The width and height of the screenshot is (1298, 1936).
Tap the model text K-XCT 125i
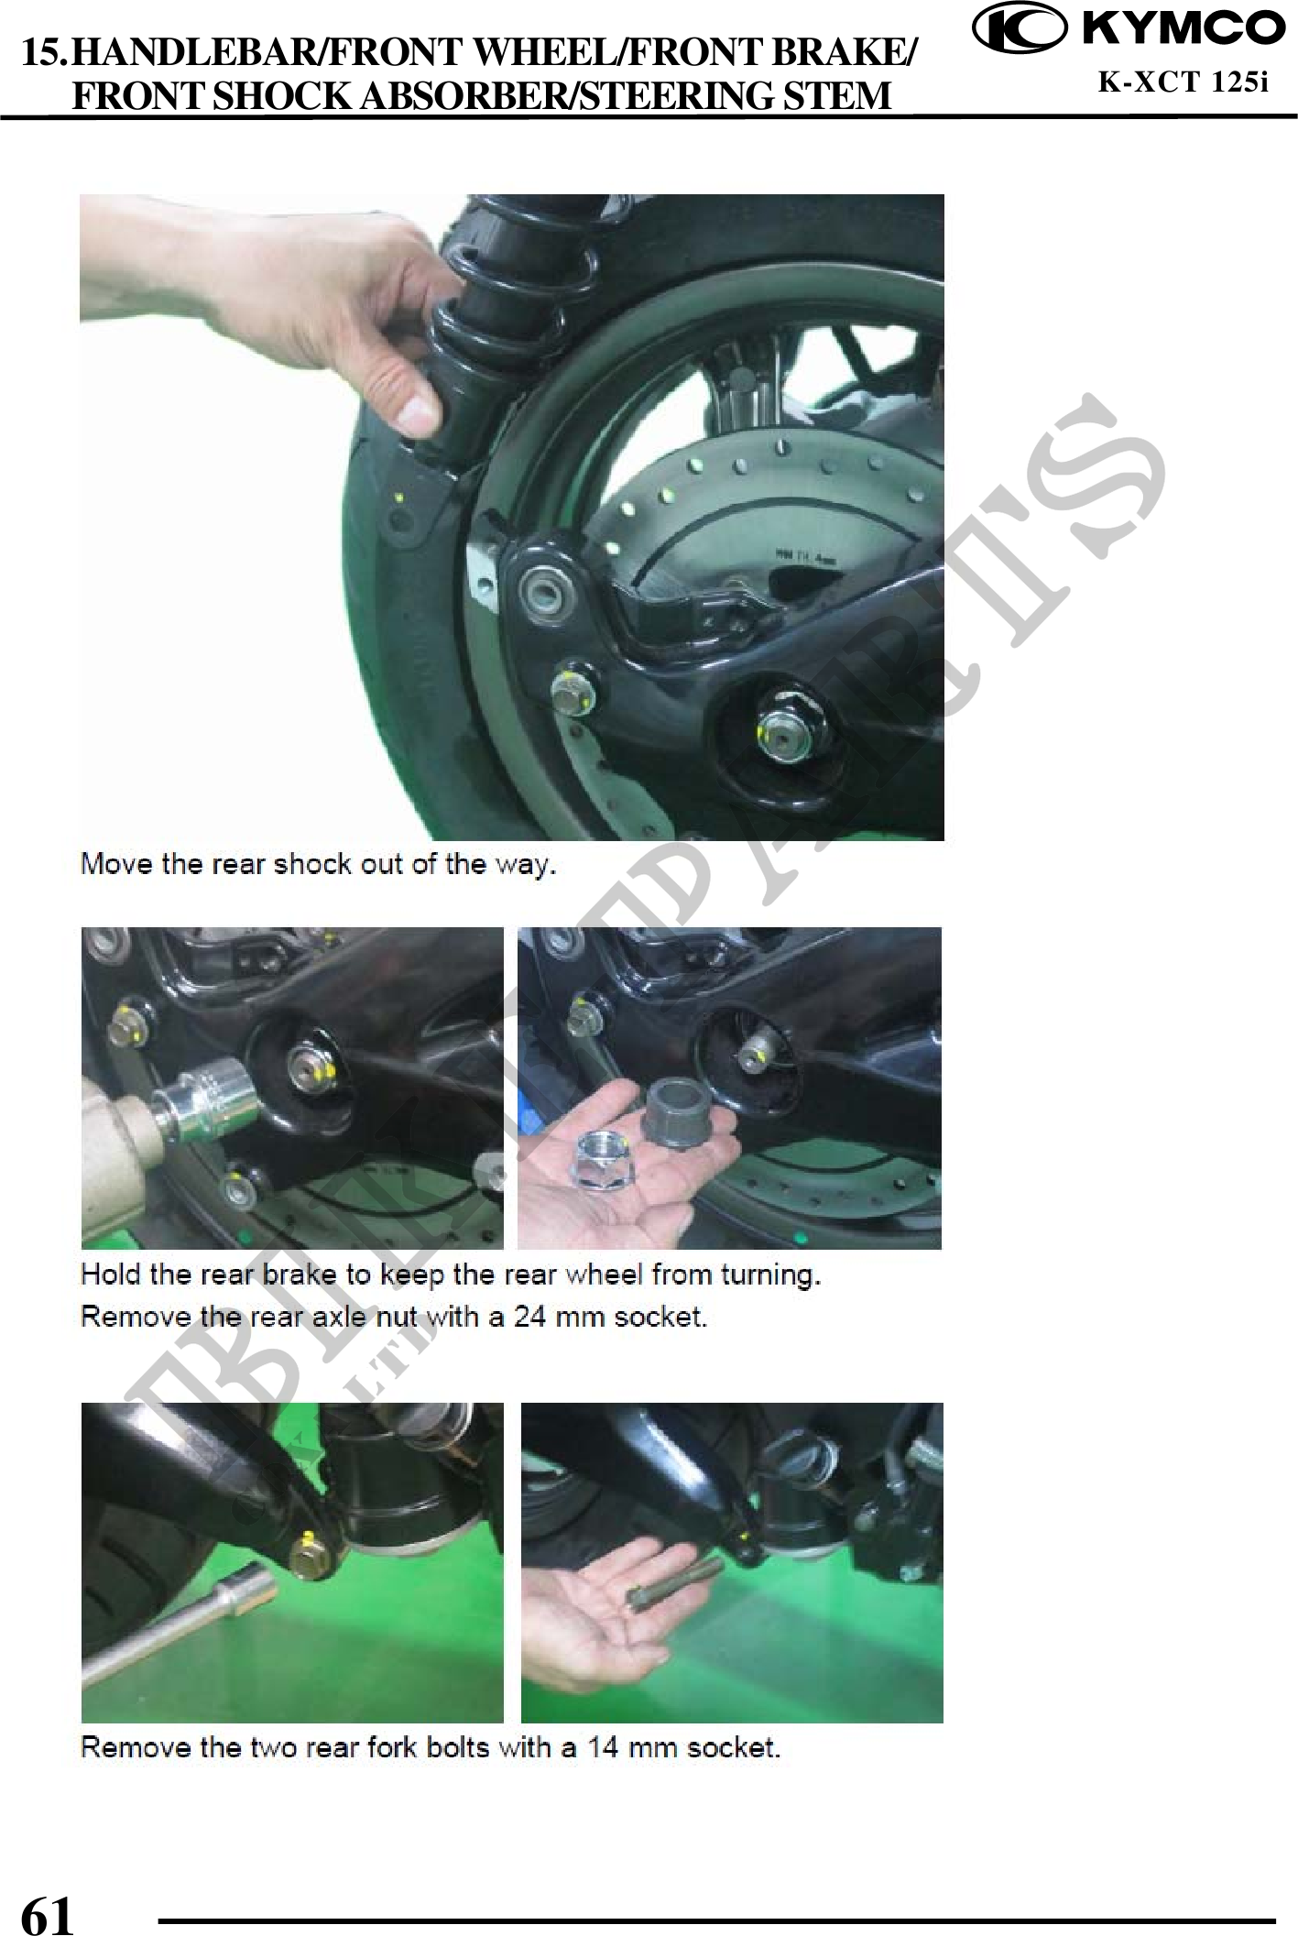pos(1183,83)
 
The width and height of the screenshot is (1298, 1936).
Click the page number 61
pos(47,1914)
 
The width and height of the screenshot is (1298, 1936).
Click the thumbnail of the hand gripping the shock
pos(511,517)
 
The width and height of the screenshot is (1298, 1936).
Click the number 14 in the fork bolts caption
pos(605,1746)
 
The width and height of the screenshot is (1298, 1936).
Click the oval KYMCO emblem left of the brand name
pos(1020,29)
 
